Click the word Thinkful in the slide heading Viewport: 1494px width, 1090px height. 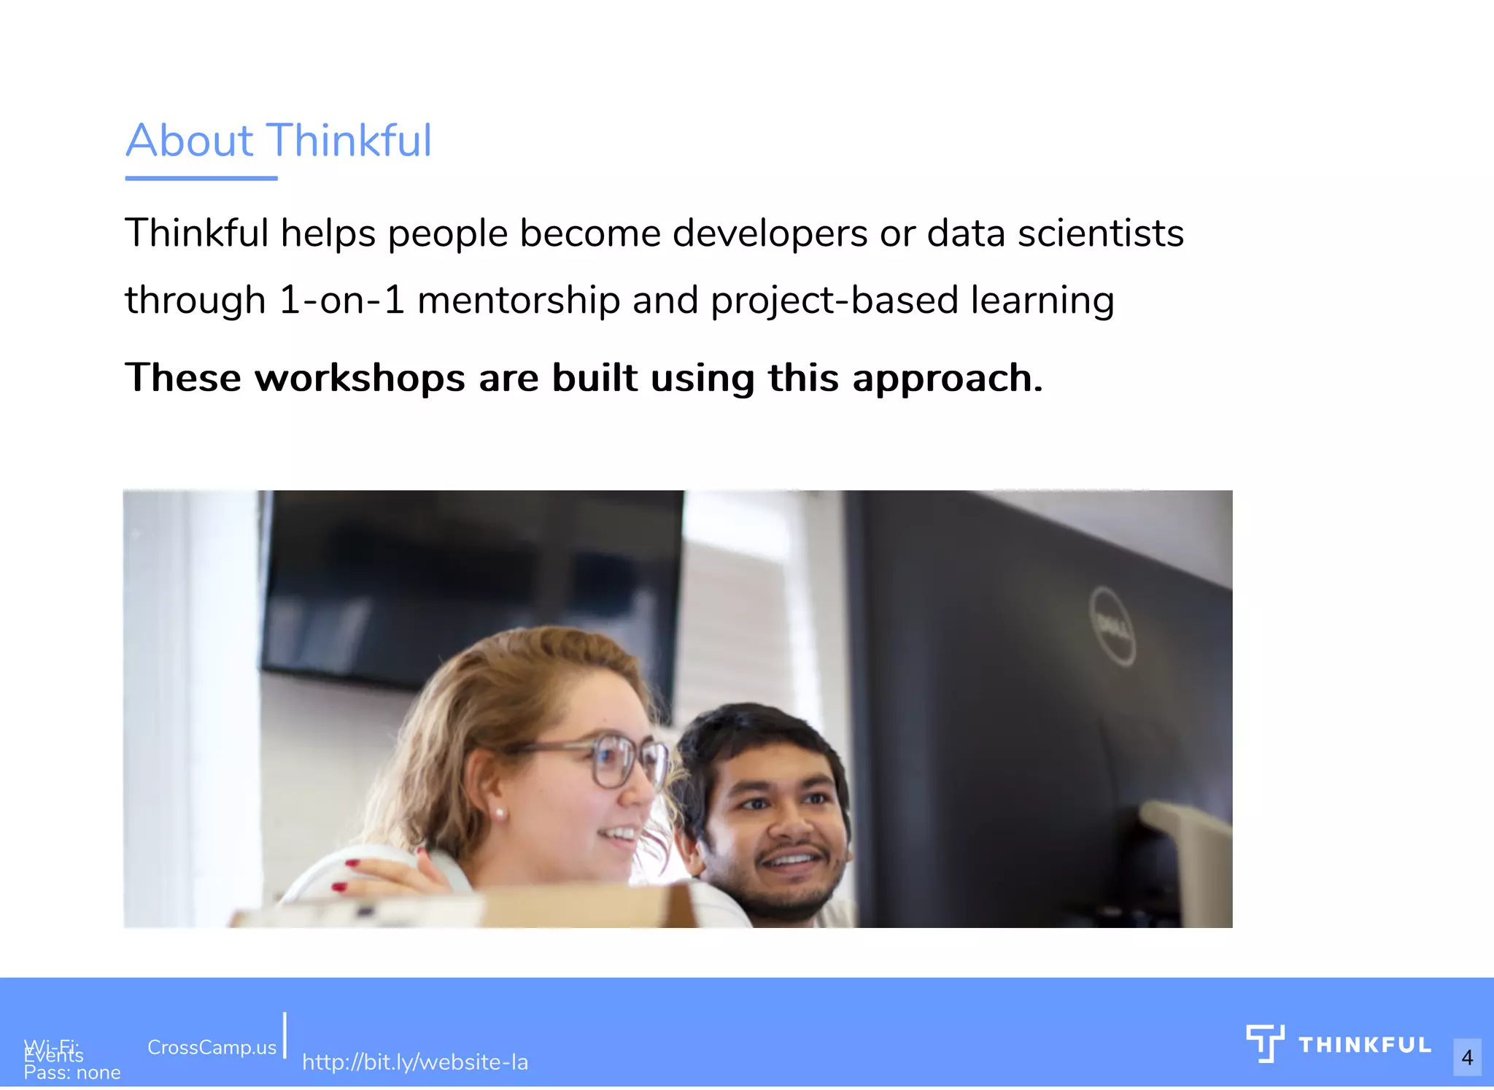[x=349, y=140]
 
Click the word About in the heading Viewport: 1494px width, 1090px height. [x=190, y=140]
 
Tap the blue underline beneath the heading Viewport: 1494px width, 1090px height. [x=201, y=177]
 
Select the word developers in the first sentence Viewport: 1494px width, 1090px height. [x=770, y=233]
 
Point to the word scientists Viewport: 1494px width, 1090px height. [x=1100, y=233]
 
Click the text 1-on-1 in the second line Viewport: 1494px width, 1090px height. [x=341, y=301]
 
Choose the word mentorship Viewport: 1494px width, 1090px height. [x=518, y=301]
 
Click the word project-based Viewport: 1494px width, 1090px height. [x=834, y=301]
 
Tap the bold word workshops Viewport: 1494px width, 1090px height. [x=360, y=378]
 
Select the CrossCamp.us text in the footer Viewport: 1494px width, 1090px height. [x=212, y=1048]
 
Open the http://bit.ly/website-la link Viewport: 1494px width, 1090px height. [x=414, y=1062]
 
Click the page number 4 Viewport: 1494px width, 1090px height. [x=1467, y=1057]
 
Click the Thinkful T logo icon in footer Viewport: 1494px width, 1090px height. [x=1265, y=1043]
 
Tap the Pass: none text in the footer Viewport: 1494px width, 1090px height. [x=71, y=1072]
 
